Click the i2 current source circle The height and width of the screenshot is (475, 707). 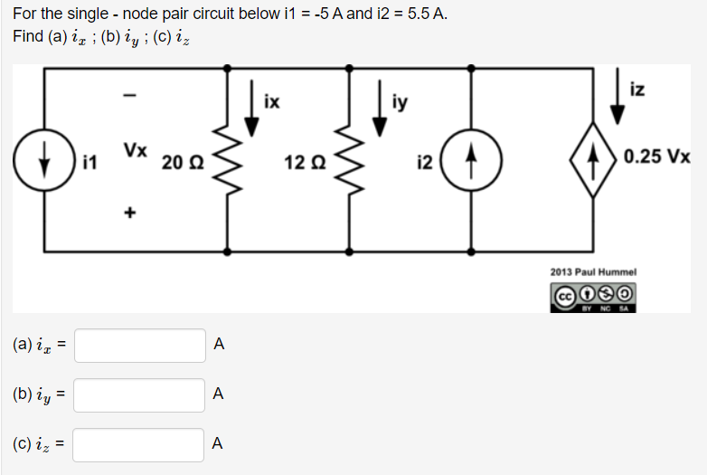(470, 163)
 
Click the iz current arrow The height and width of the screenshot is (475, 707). (617, 101)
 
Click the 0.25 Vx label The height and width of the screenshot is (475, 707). (657, 156)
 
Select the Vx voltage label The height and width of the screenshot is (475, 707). (136, 149)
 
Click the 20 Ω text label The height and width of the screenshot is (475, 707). (183, 164)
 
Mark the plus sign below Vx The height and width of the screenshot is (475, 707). (129, 214)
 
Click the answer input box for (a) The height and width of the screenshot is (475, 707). (140, 345)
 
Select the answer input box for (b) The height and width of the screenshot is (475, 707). (140, 394)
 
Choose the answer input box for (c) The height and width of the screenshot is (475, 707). (140, 444)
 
